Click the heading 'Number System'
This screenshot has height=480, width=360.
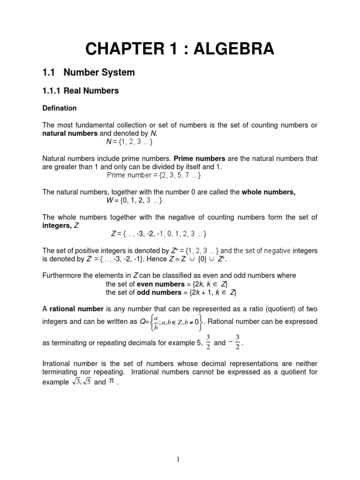coord(99,73)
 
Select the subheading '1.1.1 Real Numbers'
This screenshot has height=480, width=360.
coord(80,91)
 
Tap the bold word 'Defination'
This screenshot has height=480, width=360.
coord(60,108)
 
